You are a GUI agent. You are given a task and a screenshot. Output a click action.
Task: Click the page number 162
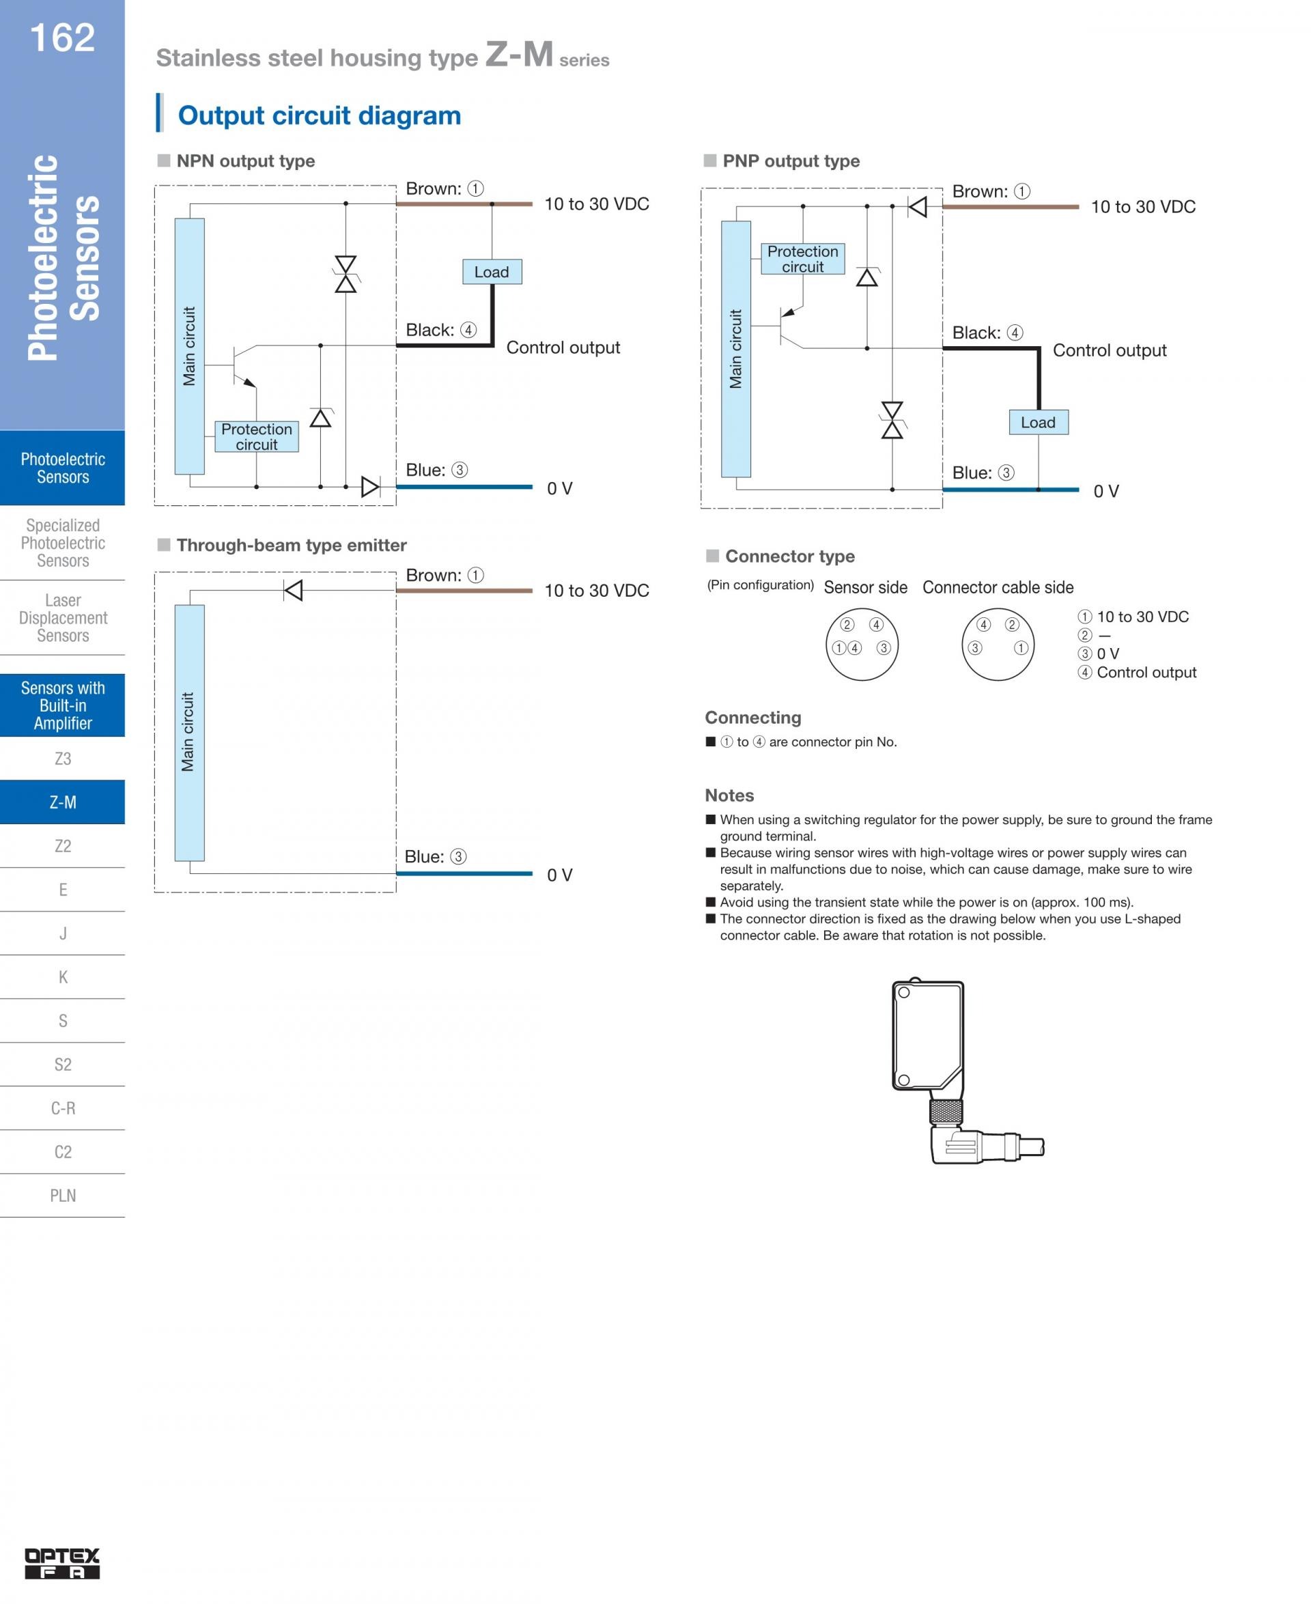62,38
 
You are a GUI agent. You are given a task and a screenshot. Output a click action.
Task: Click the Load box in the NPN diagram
492,272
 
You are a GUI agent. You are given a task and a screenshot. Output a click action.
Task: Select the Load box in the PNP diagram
1038,422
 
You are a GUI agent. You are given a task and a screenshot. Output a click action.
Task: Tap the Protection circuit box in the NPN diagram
257,436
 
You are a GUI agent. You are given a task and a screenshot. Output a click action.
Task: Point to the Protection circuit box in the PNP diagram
802,258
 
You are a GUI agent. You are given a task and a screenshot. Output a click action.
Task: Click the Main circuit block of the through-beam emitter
188,732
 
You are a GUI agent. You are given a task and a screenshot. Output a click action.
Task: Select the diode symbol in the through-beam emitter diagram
293,590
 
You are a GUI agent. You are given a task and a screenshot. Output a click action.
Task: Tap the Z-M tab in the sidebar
63,802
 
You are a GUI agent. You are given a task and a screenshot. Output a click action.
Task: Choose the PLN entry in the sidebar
63,1196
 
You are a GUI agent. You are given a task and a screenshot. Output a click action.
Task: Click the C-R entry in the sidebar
63,1108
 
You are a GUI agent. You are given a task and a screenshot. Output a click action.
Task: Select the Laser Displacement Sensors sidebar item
63,618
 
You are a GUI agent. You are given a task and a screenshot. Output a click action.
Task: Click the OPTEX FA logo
62,1563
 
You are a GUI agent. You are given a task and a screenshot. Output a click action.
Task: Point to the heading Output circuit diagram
319,115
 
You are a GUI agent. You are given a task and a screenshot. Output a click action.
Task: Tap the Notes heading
729,796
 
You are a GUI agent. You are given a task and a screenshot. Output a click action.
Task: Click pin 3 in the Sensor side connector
884,648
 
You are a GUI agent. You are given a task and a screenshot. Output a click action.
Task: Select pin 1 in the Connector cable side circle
1021,648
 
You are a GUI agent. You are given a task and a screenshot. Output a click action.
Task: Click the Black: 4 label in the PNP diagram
987,333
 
